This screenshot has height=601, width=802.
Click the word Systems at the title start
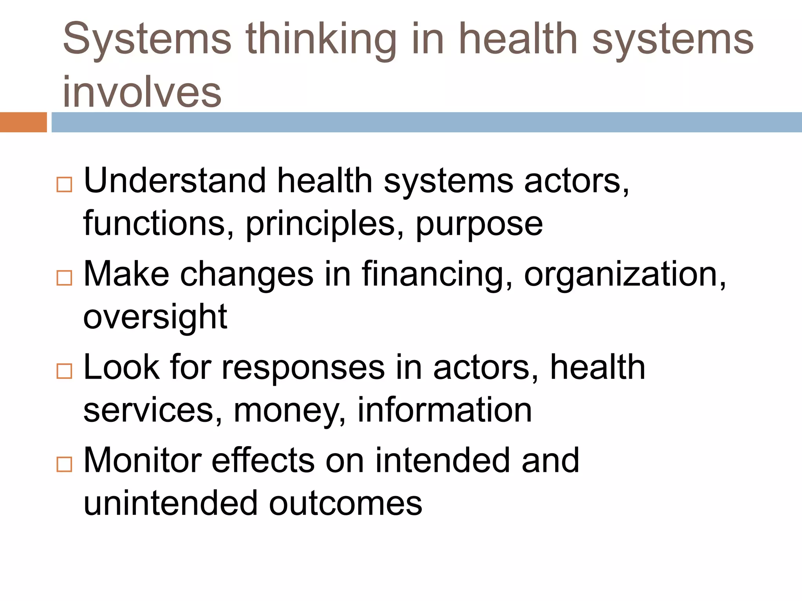tap(147, 39)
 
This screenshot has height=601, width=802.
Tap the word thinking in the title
tap(321, 39)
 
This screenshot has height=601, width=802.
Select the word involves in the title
tap(142, 92)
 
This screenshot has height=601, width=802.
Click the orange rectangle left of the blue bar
tap(23, 122)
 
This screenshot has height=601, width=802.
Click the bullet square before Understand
tap(64, 184)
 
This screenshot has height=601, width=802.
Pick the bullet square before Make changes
tap(64, 278)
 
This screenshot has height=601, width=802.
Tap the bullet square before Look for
tap(64, 371)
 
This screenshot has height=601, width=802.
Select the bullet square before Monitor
tap(64, 464)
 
